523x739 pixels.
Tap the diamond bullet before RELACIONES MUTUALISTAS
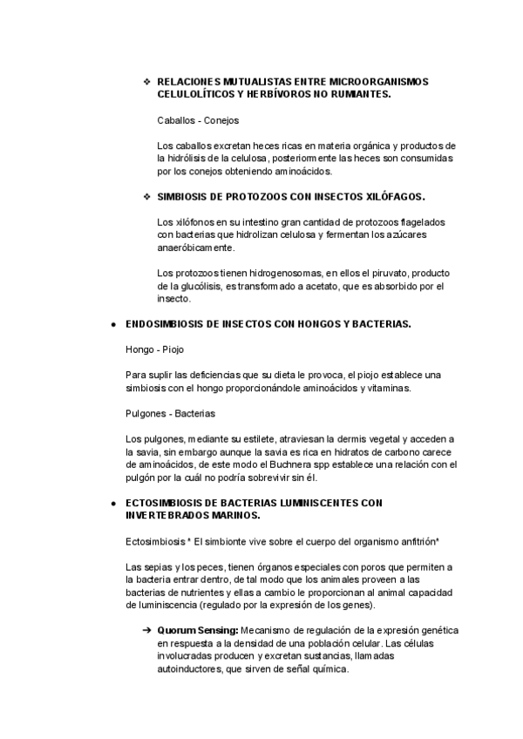pos(146,81)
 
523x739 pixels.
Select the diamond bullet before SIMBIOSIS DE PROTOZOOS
pos(146,197)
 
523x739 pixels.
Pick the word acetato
pos(317,286)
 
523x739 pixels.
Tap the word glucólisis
pos(195,286)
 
